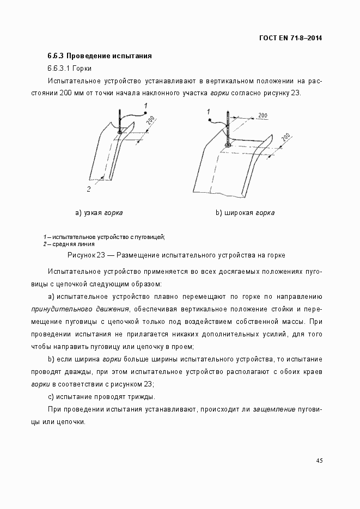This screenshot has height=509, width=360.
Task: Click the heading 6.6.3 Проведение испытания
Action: pos(99,56)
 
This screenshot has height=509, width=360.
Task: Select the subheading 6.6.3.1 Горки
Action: pos(69,69)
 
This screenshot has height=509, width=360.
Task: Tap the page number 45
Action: pos(319,461)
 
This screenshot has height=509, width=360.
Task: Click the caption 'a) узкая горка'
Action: pos(99,213)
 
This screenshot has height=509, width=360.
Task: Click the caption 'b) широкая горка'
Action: pos(245,213)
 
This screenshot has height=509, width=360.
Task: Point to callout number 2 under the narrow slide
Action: pos(88,189)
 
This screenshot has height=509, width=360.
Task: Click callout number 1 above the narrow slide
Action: pos(145,105)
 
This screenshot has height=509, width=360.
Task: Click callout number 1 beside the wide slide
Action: pos(209,112)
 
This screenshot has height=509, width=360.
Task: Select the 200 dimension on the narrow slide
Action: pos(150,121)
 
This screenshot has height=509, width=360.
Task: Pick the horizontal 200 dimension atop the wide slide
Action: pos(262,115)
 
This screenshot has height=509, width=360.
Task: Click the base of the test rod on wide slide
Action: pos(228,145)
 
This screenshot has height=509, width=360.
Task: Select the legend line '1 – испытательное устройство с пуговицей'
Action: pos(104,237)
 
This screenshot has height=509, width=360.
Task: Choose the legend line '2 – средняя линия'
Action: pos(65,244)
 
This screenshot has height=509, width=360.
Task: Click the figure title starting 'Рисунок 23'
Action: pos(176,255)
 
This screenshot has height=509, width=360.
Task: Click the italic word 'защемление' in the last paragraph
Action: pos(273,409)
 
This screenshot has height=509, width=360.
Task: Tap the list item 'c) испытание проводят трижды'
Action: pos(101,396)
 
